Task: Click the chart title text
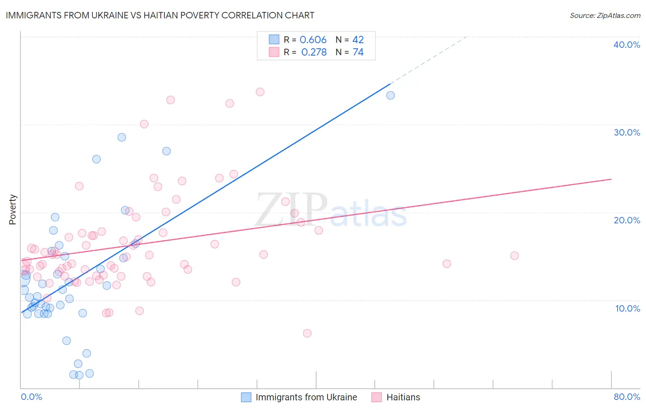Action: point(160,15)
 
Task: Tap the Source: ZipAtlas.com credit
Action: point(605,16)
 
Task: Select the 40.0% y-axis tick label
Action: point(626,45)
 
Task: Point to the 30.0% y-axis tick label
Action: point(626,132)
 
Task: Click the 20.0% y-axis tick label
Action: point(626,220)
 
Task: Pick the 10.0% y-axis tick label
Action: point(627,308)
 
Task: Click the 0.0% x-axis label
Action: point(31,397)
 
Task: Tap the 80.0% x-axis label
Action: point(627,397)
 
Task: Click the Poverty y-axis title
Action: point(12,210)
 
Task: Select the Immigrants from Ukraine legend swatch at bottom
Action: point(246,397)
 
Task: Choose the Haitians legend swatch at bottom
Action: point(377,397)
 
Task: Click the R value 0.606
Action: point(313,40)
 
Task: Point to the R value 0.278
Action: point(314,52)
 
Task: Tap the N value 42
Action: point(358,40)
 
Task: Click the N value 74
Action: point(358,52)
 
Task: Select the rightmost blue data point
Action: point(391,96)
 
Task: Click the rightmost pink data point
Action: point(515,256)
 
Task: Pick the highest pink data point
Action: point(260,92)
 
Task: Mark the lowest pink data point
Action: point(307,333)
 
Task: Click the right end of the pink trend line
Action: point(612,179)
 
